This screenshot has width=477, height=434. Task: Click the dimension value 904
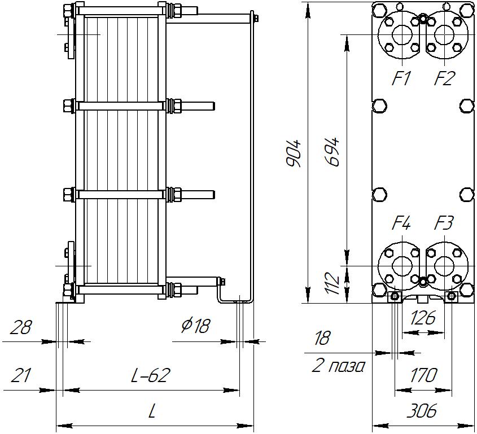pyautogui.click(x=294, y=153)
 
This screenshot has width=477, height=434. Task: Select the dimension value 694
pyautogui.click(x=334, y=151)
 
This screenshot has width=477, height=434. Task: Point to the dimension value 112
pyautogui.click(x=334, y=284)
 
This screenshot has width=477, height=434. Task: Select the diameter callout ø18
pyautogui.click(x=196, y=326)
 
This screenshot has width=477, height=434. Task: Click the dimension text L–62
pyautogui.click(x=151, y=375)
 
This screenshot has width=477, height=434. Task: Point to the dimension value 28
pyautogui.click(x=21, y=327)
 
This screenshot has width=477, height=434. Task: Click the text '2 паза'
pyautogui.click(x=338, y=366)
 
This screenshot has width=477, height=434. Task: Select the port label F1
pyautogui.click(x=402, y=79)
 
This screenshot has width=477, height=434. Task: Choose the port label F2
pyautogui.click(x=444, y=79)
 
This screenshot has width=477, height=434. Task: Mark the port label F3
pyautogui.click(x=444, y=223)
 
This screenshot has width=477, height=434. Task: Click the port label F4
pyautogui.click(x=401, y=223)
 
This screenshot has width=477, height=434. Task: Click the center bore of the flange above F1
pyautogui.click(x=401, y=34)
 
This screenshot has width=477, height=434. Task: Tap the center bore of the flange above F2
pyautogui.click(x=444, y=34)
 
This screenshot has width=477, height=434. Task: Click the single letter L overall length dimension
pyautogui.click(x=151, y=411)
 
